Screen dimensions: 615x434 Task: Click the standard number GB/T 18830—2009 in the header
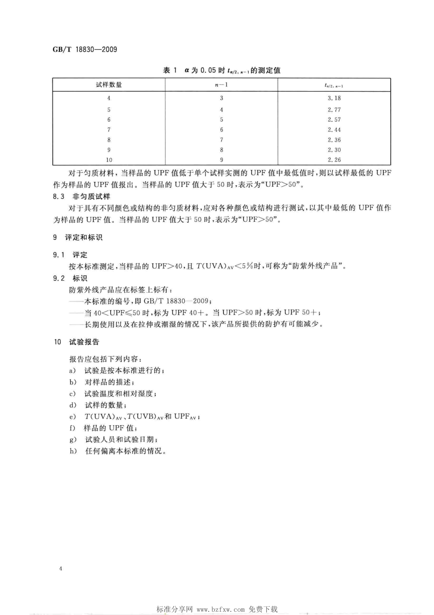(x=85, y=50)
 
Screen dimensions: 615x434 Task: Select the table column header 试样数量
(x=109, y=85)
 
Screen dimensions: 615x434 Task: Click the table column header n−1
(x=221, y=85)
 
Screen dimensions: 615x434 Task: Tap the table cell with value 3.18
(x=334, y=98)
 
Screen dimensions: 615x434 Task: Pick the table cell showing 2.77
(x=334, y=110)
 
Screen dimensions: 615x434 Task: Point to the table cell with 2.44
(x=334, y=130)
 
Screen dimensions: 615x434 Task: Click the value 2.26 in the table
(x=334, y=160)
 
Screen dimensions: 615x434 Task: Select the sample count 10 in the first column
(x=109, y=160)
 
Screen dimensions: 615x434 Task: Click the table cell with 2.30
(x=334, y=150)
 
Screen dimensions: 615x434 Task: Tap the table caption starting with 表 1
(x=221, y=70)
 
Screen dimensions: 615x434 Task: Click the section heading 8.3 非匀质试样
(x=82, y=197)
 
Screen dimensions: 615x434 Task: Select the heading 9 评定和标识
(x=78, y=238)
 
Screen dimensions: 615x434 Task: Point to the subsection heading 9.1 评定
(x=70, y=255)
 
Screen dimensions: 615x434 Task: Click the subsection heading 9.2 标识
(x=70, y=278)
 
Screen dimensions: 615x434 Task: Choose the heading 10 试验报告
(x=76, y=342)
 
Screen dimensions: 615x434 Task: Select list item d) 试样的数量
(x=98, y=405)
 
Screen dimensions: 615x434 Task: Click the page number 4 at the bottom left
(x=61, y=569)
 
